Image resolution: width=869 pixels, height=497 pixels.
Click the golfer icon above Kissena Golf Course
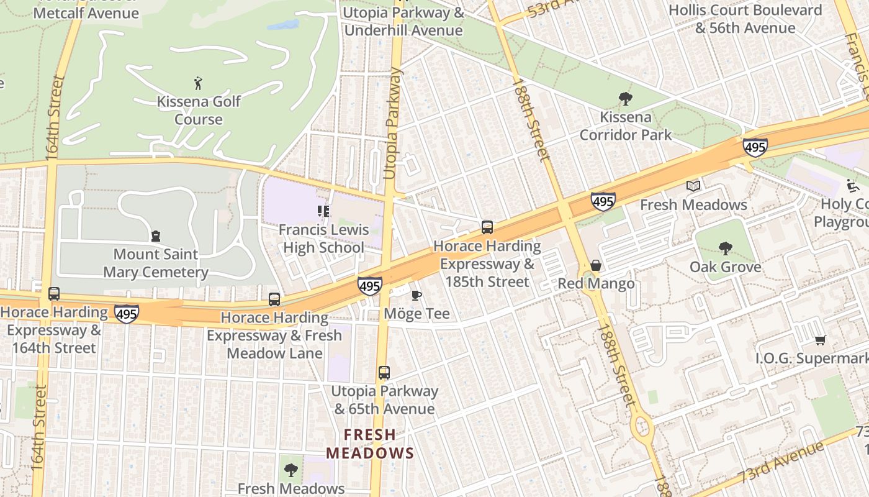198,83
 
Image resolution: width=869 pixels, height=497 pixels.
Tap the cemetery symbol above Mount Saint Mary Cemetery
156,236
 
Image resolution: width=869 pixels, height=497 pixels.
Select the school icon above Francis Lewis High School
322,211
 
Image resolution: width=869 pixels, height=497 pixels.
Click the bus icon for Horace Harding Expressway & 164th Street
54,294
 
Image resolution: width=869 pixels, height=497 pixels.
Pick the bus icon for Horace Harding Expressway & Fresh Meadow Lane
274,299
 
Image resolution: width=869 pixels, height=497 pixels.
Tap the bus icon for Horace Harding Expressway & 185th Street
487,227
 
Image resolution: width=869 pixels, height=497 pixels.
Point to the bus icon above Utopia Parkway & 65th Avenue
384,373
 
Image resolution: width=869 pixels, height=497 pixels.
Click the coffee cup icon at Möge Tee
416,295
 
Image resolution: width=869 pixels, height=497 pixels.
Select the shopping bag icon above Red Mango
596,265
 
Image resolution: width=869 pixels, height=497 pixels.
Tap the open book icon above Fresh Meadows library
693,186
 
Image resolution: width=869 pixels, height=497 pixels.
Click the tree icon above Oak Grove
725,248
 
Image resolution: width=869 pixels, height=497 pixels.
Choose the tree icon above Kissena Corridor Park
625,98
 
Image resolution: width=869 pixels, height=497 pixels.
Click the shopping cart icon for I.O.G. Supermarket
820,340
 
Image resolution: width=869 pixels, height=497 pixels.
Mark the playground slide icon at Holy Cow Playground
853,185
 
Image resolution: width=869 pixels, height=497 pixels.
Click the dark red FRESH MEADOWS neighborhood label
370,444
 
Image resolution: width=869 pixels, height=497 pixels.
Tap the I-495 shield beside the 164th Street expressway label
126,314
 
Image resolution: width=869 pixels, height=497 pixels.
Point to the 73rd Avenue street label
782,463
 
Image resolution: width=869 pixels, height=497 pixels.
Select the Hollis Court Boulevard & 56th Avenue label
745,19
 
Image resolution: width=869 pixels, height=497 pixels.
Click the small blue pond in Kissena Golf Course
284,25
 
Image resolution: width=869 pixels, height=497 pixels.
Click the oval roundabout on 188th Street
642,427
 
